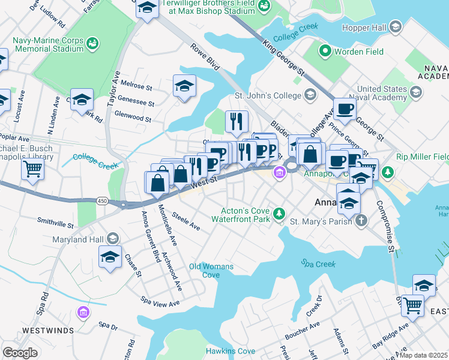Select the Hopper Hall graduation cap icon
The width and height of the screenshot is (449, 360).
click(396, 28)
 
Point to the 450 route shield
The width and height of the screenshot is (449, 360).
click(103, 201)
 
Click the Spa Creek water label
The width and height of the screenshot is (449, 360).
click(316, 263)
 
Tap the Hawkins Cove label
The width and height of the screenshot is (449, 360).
click(230, 351)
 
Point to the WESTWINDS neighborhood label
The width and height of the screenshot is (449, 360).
click(48, 331)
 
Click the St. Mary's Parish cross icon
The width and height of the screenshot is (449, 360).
click(361, 221)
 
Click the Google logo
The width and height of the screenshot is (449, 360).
click(20, 352)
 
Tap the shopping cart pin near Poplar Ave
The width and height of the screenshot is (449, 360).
click(32, 169)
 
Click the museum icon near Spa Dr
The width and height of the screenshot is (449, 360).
click(83, 313)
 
